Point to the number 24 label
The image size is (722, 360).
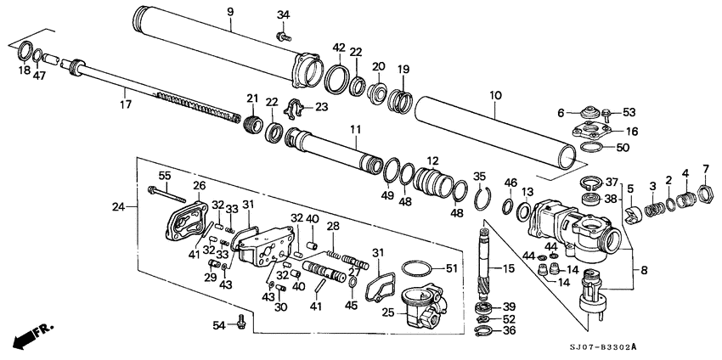[118, 205]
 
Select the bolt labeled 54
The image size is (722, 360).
[242, 321]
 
